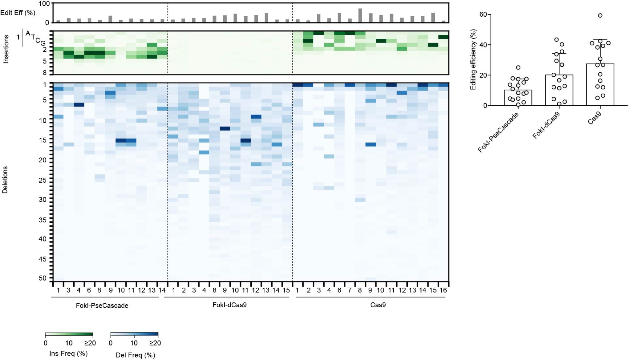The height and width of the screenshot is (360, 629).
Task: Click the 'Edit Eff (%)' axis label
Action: point(18,13)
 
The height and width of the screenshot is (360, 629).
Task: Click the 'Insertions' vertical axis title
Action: point(6,49)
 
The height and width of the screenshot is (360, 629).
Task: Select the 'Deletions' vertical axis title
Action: point(5,180)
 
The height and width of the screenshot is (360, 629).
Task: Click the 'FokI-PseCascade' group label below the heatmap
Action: point(102,305)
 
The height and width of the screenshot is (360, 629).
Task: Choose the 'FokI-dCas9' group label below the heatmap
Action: point(229,305)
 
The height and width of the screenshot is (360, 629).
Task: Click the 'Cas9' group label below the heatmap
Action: point(378,305)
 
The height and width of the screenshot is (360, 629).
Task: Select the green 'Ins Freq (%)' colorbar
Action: point(69,335)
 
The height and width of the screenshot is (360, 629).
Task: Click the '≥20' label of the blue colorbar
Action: point(155,343)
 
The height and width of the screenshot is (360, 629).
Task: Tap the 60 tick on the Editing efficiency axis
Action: point(483,14)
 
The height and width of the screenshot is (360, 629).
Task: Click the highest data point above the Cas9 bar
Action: point(600,15)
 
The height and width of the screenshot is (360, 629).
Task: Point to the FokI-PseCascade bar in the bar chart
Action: point(518,98)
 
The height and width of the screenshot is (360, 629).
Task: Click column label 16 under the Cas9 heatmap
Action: point(443,290)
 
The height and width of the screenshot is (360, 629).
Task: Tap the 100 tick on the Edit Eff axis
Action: point(44,4)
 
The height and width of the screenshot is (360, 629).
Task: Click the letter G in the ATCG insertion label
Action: point(43,43)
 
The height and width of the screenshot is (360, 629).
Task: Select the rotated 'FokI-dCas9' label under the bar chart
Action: point(546,125)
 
